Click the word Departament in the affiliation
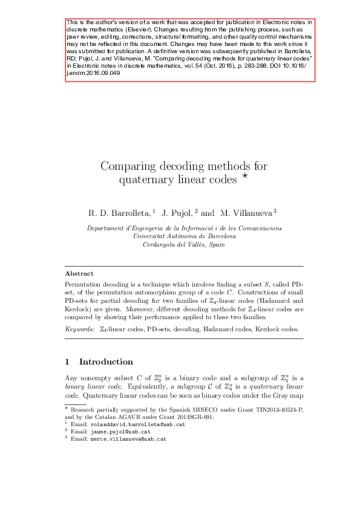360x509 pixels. click(108, 229)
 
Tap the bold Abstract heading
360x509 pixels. click(79, 273)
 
